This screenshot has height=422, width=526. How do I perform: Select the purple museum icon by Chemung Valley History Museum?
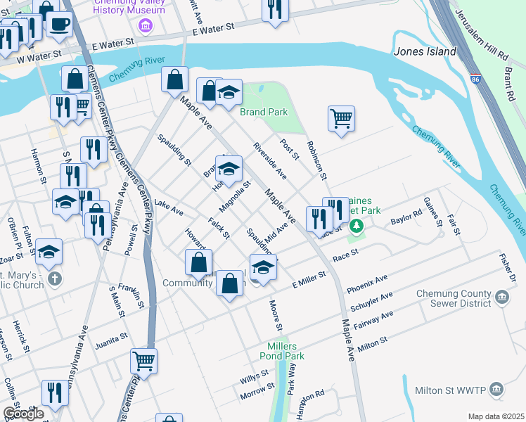pyautogui.click(x=146, y=27)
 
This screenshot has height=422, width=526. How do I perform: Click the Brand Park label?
pyautogui.click(x=264, y=112)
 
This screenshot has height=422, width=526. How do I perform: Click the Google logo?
pyautogui.click(x=23, y=413)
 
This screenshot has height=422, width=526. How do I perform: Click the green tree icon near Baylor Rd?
pyautogui.click(x=357, y=225)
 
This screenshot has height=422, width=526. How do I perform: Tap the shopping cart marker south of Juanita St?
pyautogui.click(x=143, y=362)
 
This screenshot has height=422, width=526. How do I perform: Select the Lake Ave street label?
pyautogui.click(x=169, y=207)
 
